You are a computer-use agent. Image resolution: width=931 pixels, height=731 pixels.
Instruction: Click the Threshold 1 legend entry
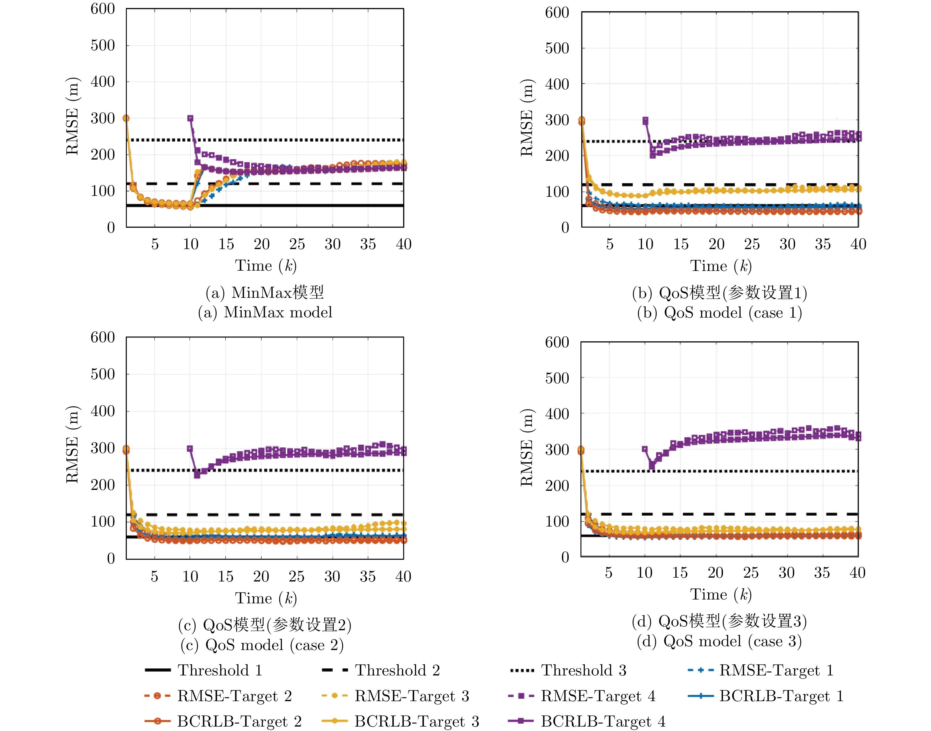tap(204, 670)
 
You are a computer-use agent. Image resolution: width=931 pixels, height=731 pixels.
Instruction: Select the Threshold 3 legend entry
tap(568, 670)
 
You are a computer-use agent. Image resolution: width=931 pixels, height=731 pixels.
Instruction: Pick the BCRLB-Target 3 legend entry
tap(400, 722)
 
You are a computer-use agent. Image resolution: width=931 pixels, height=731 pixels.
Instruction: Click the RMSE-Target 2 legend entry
tap(218, 696)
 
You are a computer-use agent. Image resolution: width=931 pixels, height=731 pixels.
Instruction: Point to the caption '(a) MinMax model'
tap(265, 312)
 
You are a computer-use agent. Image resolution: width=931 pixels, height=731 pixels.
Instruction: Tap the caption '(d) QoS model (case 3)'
tap(719, 641)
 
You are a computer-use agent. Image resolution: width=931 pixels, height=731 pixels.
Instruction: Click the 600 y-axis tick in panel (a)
tap(103, 9)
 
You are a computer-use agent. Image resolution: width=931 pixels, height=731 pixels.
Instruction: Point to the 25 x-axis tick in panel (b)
tap(752, 244)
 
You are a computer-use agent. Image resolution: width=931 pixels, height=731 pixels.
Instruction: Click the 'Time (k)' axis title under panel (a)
tap(266, 266)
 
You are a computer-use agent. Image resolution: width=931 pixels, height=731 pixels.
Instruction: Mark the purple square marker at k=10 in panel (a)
tap(190, 118)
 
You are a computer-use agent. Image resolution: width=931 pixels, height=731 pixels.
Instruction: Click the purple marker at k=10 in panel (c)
tap(190, 449)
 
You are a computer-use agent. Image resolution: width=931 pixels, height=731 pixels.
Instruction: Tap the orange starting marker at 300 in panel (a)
tap(126, 118)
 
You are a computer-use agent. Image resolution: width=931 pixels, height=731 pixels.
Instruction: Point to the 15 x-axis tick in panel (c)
tap(226, 576)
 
